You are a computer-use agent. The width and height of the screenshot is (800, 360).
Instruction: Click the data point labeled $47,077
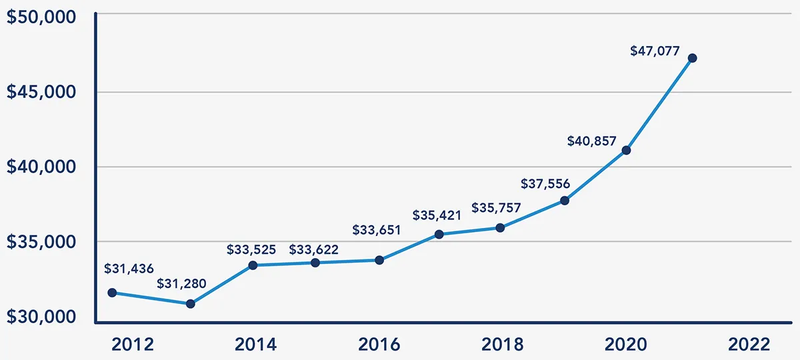[692, 58]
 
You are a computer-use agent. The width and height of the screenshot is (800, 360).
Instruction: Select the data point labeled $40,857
[626, 150]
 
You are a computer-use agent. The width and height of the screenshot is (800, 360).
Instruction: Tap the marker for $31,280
[190, 303]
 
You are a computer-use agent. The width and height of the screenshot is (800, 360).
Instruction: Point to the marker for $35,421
[439, 234]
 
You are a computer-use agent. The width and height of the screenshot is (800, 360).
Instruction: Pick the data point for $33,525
[253, 265]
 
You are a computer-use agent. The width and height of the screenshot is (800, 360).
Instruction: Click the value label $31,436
[129, 269]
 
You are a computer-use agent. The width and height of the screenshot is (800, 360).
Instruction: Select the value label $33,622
[314, 250]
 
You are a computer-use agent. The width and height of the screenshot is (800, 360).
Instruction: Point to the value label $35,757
[497, 208]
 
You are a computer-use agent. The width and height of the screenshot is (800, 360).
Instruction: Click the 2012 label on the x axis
[133, 345]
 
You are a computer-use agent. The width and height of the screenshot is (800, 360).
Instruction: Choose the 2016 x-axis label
[379, 345]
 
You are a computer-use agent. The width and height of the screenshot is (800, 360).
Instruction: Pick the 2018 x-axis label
[502, 345]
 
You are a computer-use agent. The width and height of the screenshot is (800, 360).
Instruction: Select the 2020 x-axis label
[625, 345]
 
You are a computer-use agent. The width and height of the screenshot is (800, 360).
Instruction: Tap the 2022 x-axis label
[749, 345]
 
